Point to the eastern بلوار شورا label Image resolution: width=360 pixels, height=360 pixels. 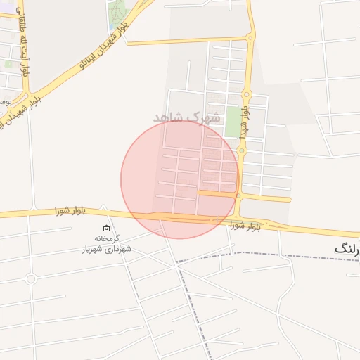[245, 226]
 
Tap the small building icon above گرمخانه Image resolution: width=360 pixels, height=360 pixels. [106, 228]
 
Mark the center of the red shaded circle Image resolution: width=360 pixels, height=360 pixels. [179, 179]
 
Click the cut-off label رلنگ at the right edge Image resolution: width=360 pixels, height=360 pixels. [347, 248]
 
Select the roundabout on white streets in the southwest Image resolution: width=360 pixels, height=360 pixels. [30, 279]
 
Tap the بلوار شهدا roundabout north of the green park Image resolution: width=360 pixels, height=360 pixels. [246, 94]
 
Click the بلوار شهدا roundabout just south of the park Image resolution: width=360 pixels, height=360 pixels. [242, 150]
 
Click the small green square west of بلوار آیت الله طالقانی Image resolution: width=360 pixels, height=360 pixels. [8, 63]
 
